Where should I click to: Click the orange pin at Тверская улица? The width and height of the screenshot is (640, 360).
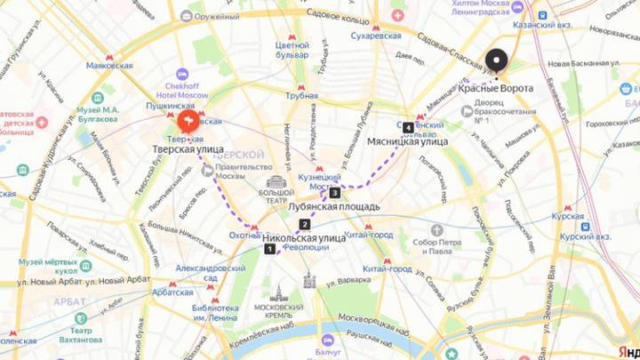tap(189, 121)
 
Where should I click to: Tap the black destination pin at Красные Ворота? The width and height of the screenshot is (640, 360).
tap(495, 61)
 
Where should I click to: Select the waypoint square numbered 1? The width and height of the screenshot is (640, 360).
tap(269, 249)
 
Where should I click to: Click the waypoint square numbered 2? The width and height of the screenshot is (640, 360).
tap(305, 224)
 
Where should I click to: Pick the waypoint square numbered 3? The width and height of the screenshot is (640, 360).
tap(334, 192)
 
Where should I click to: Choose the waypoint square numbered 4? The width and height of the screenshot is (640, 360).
tap(408, 126)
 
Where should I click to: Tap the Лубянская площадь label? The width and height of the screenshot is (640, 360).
tap(334, 206)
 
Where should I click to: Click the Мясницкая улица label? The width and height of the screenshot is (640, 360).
tap(407, 141)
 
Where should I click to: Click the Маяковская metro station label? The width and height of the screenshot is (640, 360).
tap(109, 65)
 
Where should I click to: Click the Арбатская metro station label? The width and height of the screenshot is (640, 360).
tap(172, 292)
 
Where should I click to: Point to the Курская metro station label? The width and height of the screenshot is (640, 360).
tap(568, 216)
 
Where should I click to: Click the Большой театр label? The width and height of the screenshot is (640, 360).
tap(276, 192)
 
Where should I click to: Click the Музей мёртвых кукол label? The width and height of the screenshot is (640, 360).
tap(50, 267)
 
